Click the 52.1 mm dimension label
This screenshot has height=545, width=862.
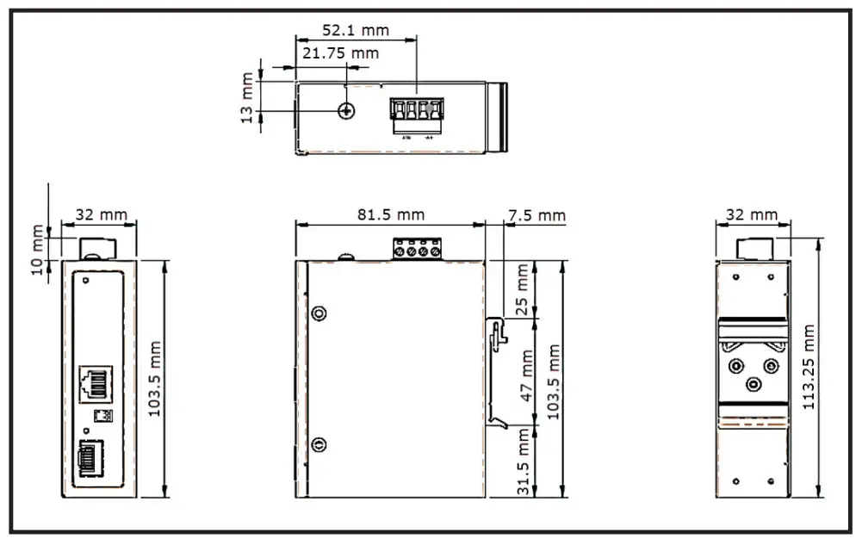355,30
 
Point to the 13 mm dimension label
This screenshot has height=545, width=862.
248,97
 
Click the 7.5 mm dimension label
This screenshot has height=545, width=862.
536,214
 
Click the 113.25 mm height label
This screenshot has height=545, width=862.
809,368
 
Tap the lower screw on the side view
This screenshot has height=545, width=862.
319,444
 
